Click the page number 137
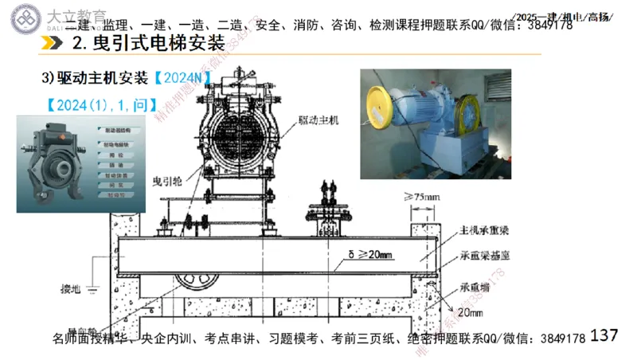(605, 335)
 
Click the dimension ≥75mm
(423, 195)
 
